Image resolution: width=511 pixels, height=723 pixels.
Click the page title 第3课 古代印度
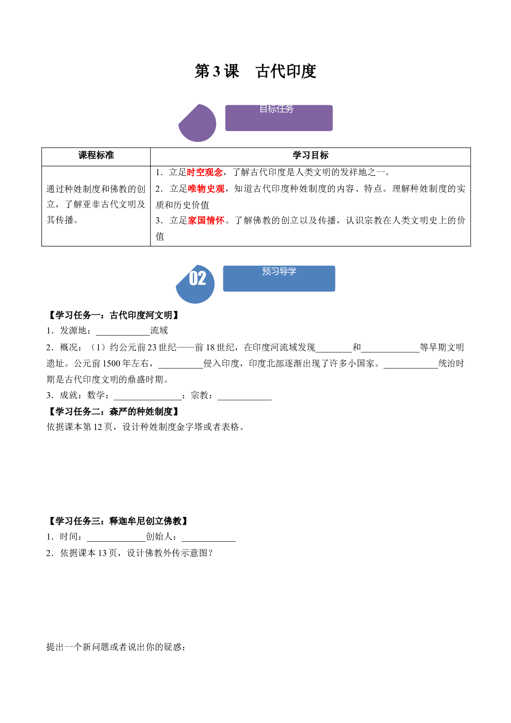point(255,71)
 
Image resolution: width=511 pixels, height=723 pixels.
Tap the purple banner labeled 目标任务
point(279,118)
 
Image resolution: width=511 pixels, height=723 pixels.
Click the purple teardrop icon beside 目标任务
point(197,123)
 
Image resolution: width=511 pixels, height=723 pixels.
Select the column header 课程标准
point(96,155)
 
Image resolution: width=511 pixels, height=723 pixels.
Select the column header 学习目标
point(311,155)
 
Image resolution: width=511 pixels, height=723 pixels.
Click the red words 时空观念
point(205,172)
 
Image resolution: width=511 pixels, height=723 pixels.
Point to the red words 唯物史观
point(206,189)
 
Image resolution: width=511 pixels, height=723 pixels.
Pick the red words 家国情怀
point(206,221)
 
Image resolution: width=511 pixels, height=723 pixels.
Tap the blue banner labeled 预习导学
point(279,279)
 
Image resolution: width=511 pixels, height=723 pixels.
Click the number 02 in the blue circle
point(197,278)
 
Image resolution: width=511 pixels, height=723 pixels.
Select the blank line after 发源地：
point(123,335)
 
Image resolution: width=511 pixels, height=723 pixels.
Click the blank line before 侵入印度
point(181,368)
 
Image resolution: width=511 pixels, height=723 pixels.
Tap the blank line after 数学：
point(148,400)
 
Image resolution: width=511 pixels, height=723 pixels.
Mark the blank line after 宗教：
point(244,400)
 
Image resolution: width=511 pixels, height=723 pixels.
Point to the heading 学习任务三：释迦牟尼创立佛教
point(119,521)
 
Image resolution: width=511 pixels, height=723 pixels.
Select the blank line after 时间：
point(116,541)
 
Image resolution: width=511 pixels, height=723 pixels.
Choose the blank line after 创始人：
point(209,541)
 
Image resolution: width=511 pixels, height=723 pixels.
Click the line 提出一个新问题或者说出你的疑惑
point(116,647)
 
